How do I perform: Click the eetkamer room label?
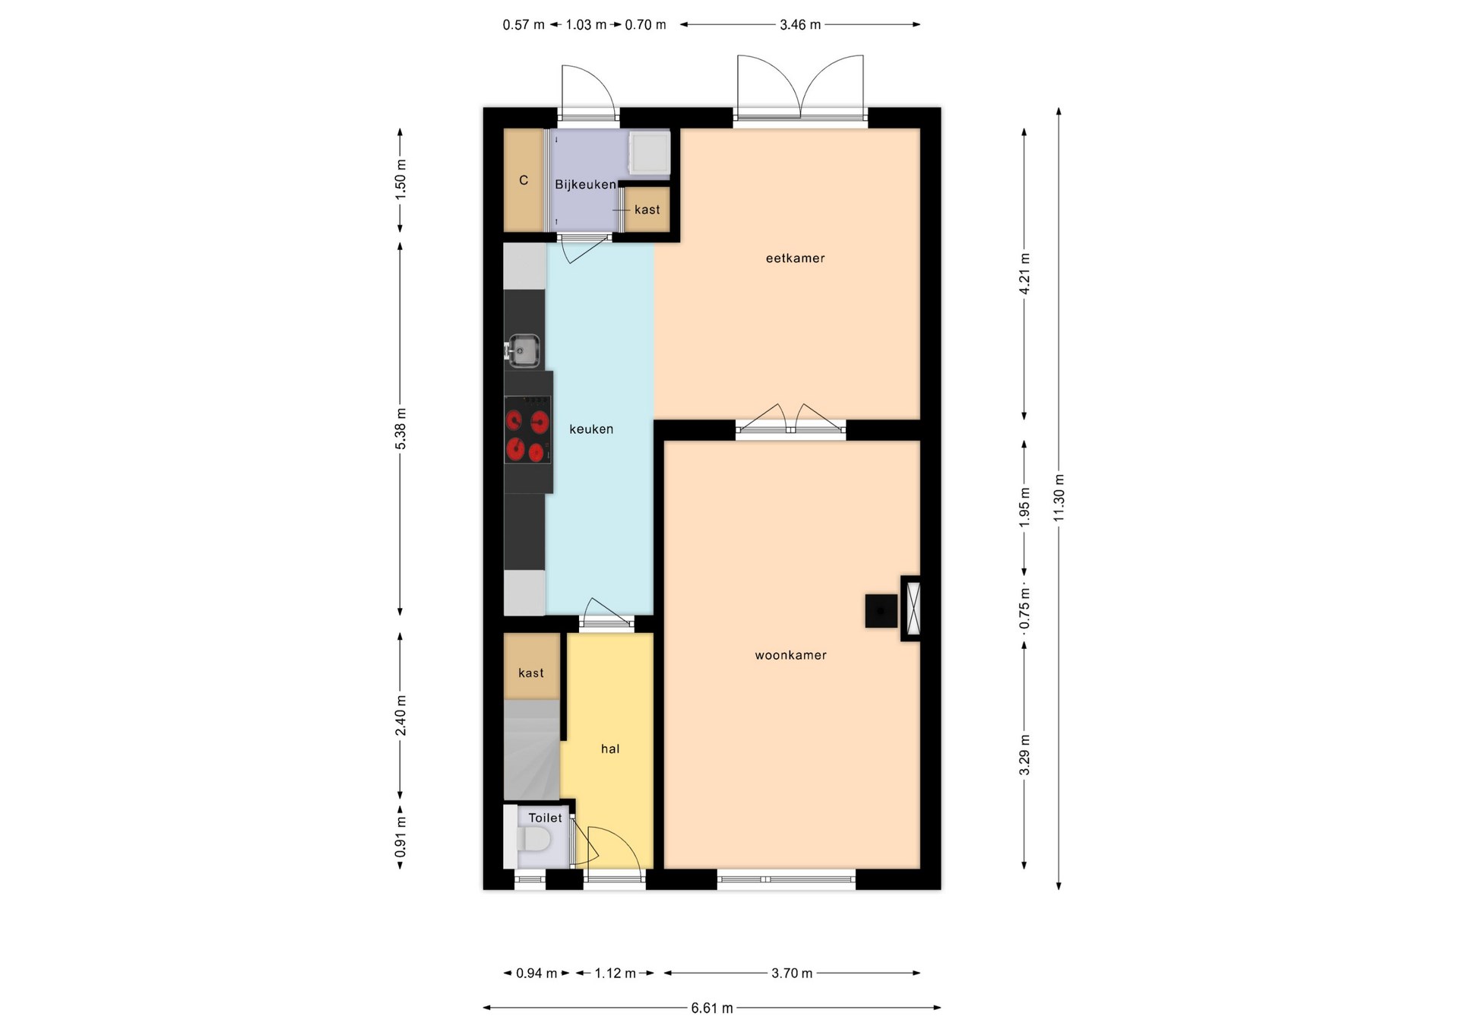[x=795, y=258]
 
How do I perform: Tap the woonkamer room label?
[x=790, y=655]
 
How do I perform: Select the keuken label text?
[x=591, y=429]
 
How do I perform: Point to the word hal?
[x=610, y=749]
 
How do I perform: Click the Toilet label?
[x=546, y=818]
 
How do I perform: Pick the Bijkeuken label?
[x=585, y=185]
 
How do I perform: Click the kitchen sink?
[x=523, y=350]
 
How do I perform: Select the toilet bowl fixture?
[x=533, y=840]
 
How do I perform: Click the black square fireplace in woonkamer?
[x=881, y=610]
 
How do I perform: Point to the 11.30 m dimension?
[x=1059, y=498]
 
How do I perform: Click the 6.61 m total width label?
[x=712, y=1008]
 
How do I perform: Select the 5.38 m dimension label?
[x=401, y=429]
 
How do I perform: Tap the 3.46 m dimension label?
[x=800, y=25]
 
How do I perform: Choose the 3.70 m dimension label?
[x=792, y=973]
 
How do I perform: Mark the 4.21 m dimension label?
[x=1024, y=274]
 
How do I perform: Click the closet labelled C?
[x=524, y=180]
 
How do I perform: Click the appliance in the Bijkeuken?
[x=650, y=154]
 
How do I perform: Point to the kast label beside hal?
[x=531, y=673]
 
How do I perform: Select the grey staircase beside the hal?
[x=532, y=749]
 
